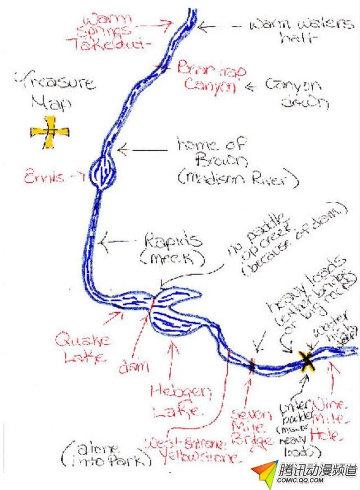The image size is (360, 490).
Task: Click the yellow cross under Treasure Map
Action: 50,132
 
